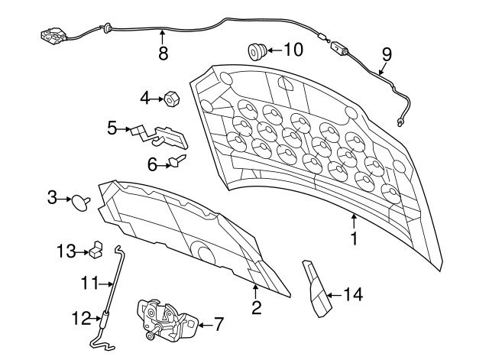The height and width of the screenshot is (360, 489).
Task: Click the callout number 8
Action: [x=163, y=53]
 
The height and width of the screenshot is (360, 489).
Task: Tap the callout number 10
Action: [x=293, y=49]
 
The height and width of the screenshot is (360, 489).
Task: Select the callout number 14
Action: [x=353, y=294]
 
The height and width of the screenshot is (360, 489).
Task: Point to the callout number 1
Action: [x=355, y=238]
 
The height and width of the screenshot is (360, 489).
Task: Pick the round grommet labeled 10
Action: [x=257, y=51]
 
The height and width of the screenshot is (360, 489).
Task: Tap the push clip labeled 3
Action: [x=81, y=203]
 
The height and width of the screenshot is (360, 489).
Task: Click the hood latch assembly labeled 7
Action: [x=167, y=320]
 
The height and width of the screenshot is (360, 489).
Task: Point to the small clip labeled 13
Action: [x=97, y=250]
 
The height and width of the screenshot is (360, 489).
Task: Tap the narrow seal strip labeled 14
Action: [x=316, y=289]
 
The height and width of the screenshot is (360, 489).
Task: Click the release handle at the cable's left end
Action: [x=53, y=36]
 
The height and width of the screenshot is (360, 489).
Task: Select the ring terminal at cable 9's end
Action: [x=400, y=122]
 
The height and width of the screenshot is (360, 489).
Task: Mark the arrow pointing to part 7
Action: [x=205, y=325]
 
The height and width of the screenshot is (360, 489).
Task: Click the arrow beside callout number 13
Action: [x=83, y=251]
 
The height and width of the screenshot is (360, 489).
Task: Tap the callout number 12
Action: [x=82, y=319]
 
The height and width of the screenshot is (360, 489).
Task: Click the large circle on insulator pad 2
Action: [x=202, y=251]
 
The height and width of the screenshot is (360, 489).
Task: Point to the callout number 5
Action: [x=112, y=128]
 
